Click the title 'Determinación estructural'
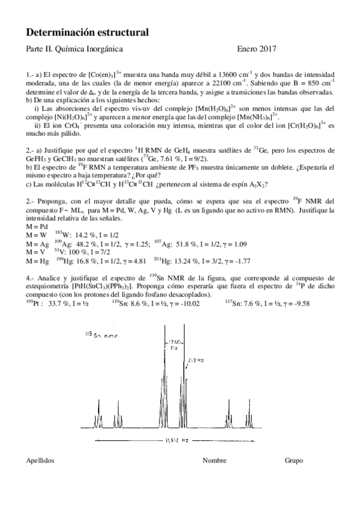[x=88, y=31]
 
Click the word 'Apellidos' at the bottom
[x=41, y=461]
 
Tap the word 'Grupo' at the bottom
[x=294, y=461]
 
